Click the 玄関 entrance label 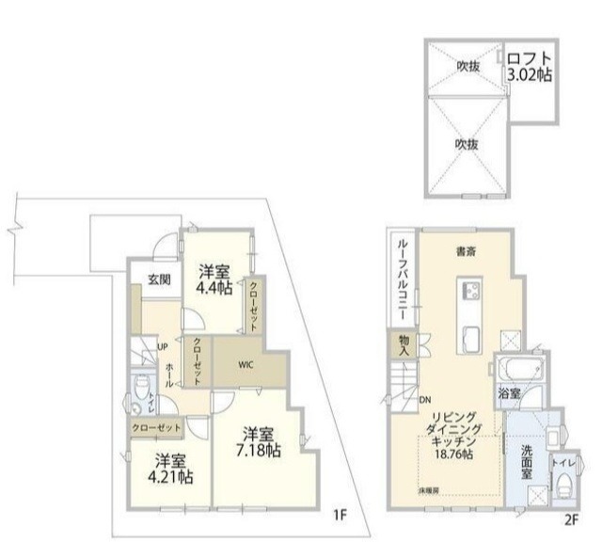158,279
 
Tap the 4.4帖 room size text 214,290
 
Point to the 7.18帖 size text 258,452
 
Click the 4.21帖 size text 170,477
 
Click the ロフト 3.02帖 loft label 530,65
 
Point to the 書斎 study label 465,251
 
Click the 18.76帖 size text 453,454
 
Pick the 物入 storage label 403,345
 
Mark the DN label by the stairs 424,398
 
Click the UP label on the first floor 161,345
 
